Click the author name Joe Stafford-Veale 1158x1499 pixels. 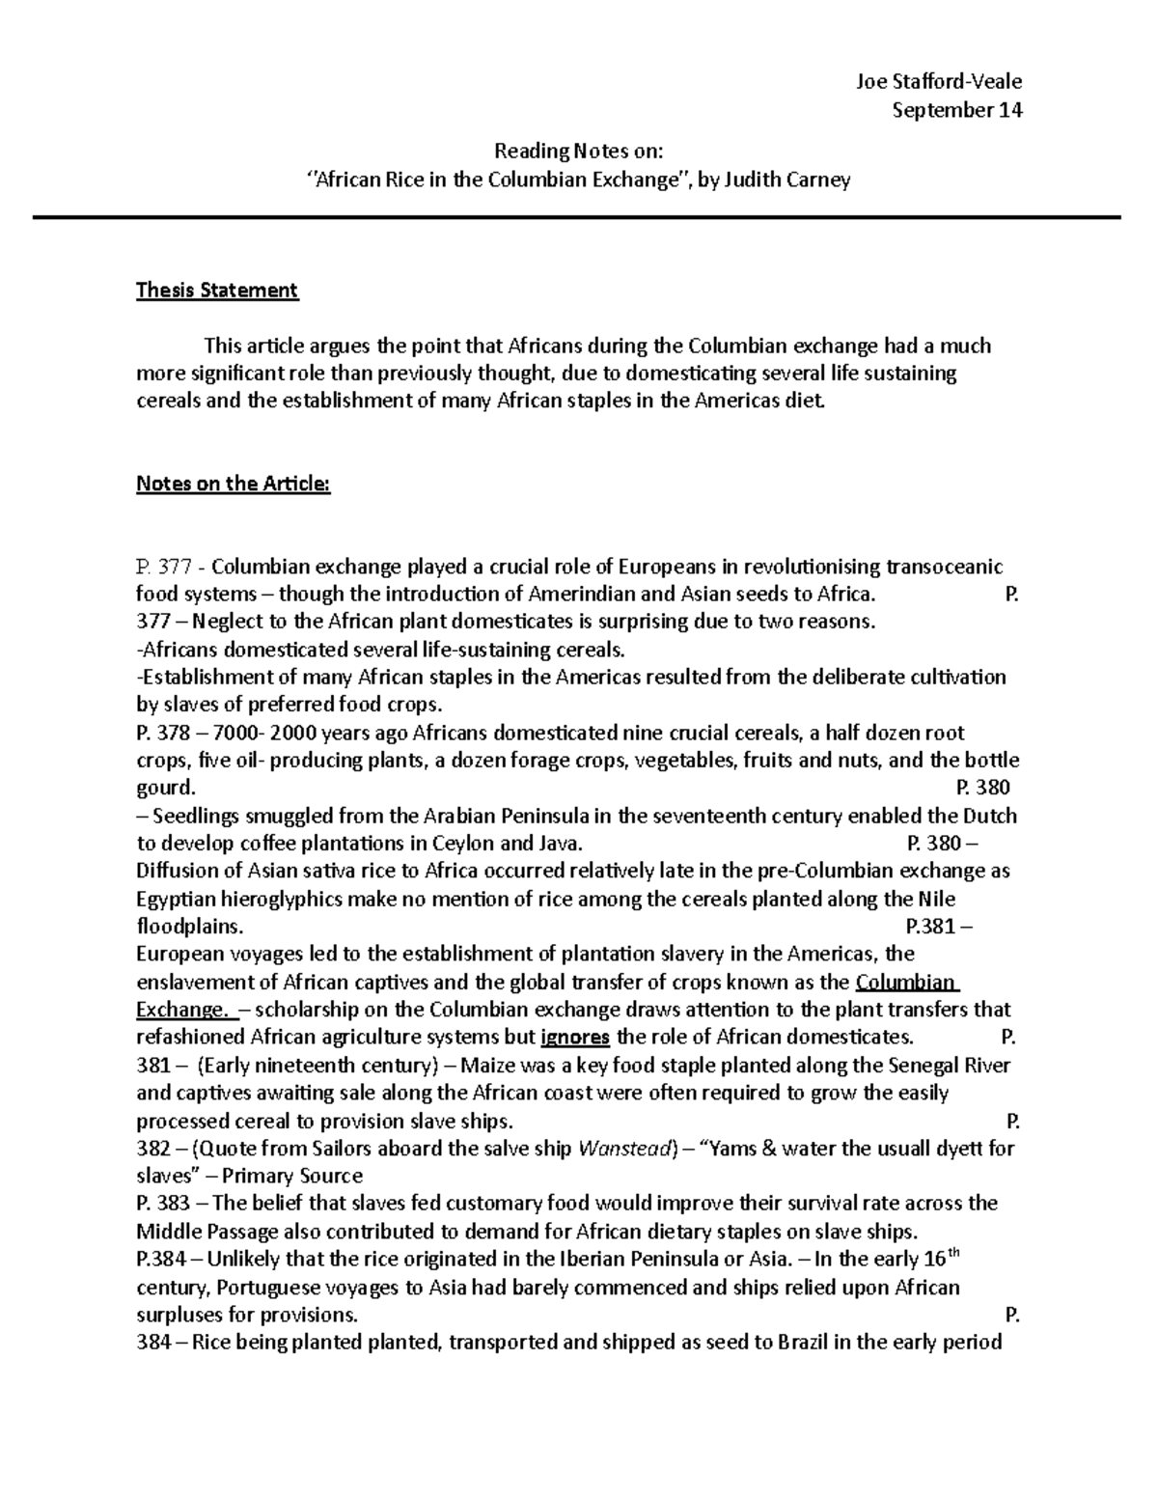click(x=938, y=81)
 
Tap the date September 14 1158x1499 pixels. click(x=956, y=109)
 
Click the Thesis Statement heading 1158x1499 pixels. click(x=217, y=290)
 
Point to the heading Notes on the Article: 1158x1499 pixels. click(x=233, y=484)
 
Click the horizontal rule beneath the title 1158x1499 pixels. click(x=576, y=218)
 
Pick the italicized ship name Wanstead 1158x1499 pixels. click(x=622, y=1149)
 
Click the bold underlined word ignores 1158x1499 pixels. click(x=576, y=1038)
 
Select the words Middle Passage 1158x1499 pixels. click(x=207, y=1232)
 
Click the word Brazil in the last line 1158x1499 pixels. click(x=802, y=1342)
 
